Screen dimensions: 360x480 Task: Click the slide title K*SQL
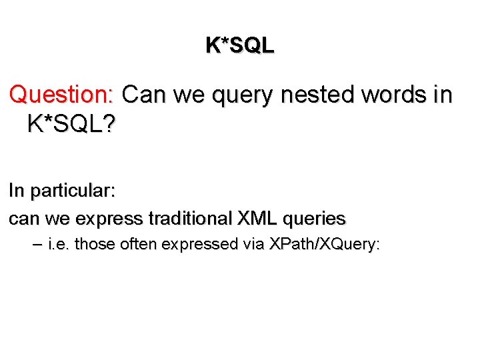(x=239, y=45)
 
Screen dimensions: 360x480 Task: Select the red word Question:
(x=63, y=95)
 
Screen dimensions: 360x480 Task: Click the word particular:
(x=72, y=191)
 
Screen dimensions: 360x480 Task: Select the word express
(x=109, y=218)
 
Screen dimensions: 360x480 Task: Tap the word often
(x=137, y=244)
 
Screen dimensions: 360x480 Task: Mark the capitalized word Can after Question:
(x=145, y=95)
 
